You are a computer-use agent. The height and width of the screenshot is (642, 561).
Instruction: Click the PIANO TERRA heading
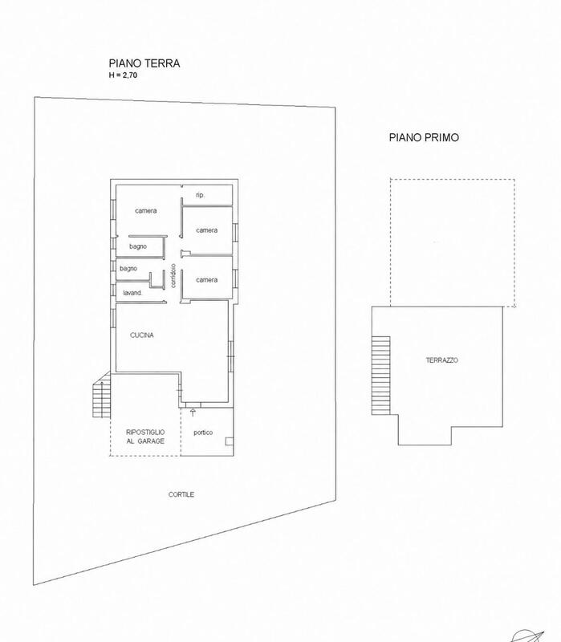[144, 63]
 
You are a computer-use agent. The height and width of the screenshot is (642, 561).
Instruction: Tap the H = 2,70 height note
[123, 75]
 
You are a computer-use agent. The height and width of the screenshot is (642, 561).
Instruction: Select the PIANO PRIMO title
[424, 137]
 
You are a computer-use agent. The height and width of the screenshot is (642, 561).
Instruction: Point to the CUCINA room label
[142, 335]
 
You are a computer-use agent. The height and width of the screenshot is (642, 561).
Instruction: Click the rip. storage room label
[200, 195]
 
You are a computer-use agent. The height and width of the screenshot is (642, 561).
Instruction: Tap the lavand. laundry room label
[132, 293]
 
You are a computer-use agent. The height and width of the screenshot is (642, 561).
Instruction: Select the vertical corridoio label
[173, 275]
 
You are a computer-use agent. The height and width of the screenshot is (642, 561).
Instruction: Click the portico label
[203, 433]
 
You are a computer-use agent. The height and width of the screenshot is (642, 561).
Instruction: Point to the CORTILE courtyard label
[181, 494]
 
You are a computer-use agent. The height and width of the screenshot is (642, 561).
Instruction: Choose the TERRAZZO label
[442, 360]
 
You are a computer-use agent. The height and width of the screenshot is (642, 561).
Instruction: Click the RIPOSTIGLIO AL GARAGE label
[145, 437]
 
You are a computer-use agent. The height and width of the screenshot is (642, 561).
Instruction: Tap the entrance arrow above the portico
[193, 412]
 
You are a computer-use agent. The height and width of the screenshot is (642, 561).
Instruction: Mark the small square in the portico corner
[230, 441]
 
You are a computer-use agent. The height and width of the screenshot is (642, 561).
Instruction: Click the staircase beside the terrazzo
[381, 376]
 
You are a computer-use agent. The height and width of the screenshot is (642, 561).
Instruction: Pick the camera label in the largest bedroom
[146, 211]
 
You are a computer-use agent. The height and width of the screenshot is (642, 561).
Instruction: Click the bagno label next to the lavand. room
[128, 269]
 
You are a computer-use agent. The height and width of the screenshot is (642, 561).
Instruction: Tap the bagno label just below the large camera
[138, 246]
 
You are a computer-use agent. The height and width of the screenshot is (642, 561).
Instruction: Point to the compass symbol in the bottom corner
[527, 636]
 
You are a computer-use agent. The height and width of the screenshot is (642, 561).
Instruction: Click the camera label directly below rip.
[207, 230]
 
